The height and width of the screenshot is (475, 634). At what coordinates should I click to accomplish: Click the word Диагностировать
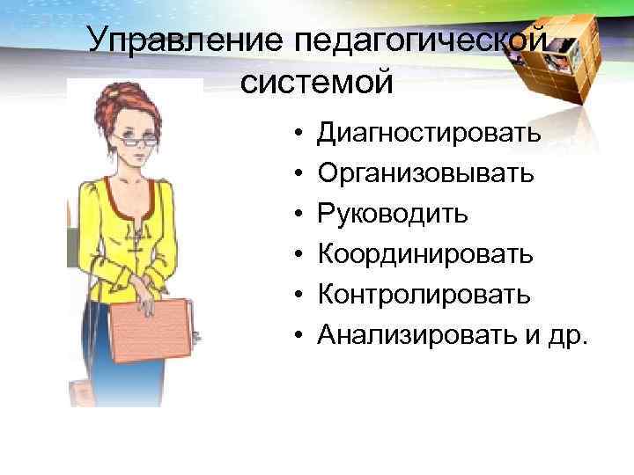(x=430, y=134)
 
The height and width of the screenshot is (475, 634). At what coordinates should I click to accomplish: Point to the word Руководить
(x=393, y=214)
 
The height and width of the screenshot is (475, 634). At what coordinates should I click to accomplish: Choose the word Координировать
(x=425, y=254)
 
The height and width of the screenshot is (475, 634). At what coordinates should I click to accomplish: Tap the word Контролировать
(x=424, y=294)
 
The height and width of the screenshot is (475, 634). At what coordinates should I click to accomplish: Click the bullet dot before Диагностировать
(x=299, y=135)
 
